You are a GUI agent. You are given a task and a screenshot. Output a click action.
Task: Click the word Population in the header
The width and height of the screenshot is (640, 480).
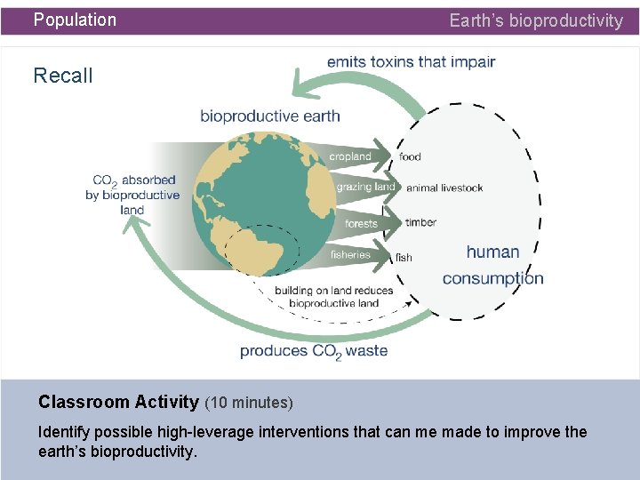pos(75,20)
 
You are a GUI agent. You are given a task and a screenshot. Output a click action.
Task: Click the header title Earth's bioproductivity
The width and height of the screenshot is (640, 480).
pos(536,20)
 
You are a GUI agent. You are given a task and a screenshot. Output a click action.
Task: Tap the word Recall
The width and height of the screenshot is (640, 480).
pos(63,76)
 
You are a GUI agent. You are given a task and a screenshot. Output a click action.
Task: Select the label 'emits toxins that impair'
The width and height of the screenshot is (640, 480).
pos(411,62)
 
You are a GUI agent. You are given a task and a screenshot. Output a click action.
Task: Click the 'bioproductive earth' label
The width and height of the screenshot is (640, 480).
pos(269,116)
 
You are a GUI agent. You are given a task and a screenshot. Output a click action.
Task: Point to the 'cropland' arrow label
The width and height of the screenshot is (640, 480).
pos(350,156)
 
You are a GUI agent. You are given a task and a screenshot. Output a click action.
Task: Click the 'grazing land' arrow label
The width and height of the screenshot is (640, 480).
pos(365,188)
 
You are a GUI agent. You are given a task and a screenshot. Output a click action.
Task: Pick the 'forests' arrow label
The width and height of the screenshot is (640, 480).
pos(361,223)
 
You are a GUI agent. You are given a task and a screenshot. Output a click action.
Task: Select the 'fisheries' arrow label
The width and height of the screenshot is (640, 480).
pos(350,254)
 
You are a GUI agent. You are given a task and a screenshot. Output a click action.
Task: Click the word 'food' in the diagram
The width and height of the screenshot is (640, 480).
pos(410,157)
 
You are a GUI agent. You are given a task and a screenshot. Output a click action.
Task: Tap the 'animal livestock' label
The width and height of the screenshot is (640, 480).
pos(444,188)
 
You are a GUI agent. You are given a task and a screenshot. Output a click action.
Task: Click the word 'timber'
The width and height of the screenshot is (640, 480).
pos(420,222)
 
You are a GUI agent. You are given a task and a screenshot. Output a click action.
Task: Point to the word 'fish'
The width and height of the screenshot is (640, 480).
pos(404,258)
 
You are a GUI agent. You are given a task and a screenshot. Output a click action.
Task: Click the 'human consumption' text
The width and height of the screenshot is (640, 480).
pos(492,265)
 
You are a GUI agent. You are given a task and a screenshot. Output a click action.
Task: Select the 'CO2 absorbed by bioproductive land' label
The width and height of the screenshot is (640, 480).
pos(132,195)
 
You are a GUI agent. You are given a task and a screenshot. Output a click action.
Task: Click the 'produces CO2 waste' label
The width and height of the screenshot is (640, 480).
pos(314,351)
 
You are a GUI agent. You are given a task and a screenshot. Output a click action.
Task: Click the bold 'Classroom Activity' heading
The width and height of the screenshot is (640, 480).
pos(118,402)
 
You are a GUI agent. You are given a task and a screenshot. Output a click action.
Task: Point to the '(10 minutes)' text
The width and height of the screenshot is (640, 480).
pos(249,403)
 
